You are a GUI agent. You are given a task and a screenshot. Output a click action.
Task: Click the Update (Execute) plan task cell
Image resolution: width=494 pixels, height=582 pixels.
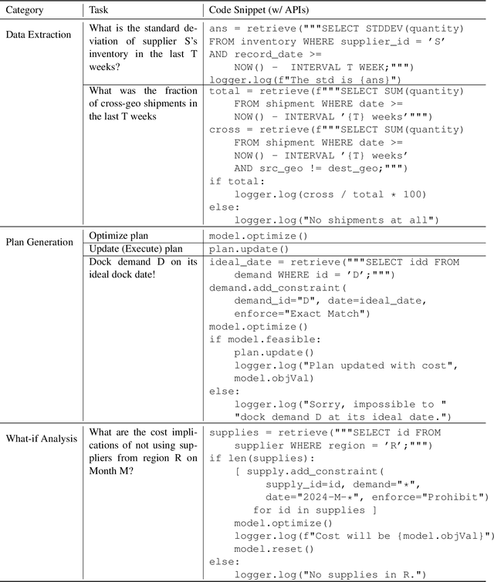(x=135, y=249)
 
